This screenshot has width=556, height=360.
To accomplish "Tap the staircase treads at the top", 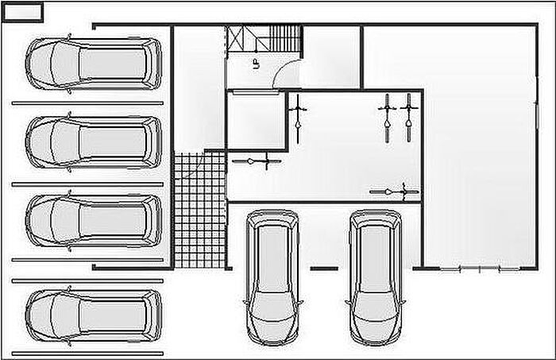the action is (285, 37).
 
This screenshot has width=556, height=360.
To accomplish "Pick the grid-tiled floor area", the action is (199, 210).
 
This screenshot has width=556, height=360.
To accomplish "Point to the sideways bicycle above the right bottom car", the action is (394, 192).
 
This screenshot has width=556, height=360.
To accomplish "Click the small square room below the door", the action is (257, 121).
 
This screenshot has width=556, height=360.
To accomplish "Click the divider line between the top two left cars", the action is (87, 103).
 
